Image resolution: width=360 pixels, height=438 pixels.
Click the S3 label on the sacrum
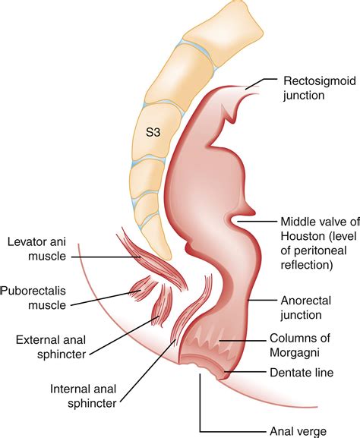point(153,132)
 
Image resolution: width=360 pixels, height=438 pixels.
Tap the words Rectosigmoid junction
point(320,88)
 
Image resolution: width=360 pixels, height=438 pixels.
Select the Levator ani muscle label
point(37,249)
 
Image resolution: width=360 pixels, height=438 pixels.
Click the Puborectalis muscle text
point(33,298)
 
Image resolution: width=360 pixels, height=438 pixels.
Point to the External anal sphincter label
point(51,347)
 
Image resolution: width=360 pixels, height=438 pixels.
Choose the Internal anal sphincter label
point(84,396)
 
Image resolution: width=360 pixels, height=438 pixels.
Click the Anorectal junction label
point(306,308)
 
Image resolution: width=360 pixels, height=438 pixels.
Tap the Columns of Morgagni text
point(300,345)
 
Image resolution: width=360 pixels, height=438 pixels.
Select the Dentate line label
point(302,373)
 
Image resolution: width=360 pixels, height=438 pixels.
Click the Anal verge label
point(298,431)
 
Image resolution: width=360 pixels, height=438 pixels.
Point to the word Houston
point(299,236)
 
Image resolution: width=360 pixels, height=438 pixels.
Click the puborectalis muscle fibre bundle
point(143,289)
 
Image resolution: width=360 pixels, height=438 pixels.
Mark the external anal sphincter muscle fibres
point(162,304)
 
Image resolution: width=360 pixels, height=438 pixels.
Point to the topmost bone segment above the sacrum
point(223,30)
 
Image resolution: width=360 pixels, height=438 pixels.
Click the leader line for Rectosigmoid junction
point(260,82)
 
